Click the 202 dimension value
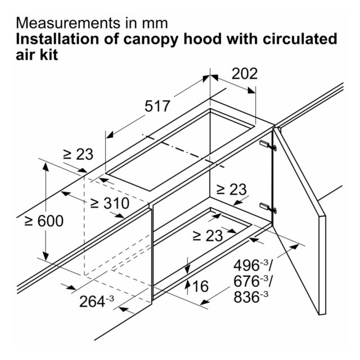click(x=245, y=74)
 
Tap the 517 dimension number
click(x=157, y=106)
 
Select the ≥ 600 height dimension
click(x=44, y=221)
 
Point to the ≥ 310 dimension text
click(x=110, y=203)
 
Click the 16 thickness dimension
click(x=200, y=286)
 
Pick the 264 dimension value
click(x=97, y=301)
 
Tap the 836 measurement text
click(x=251, y=296)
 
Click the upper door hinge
click(x=268, y=145)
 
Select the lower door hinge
click(x=268, y=208)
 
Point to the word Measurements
click(x=68, y=23)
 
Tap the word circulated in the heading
click(x=300, y=39)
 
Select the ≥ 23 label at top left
click(x=78, y=154)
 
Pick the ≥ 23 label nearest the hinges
click(x=231, y=190)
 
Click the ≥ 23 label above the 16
click(x=208, y=235)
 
